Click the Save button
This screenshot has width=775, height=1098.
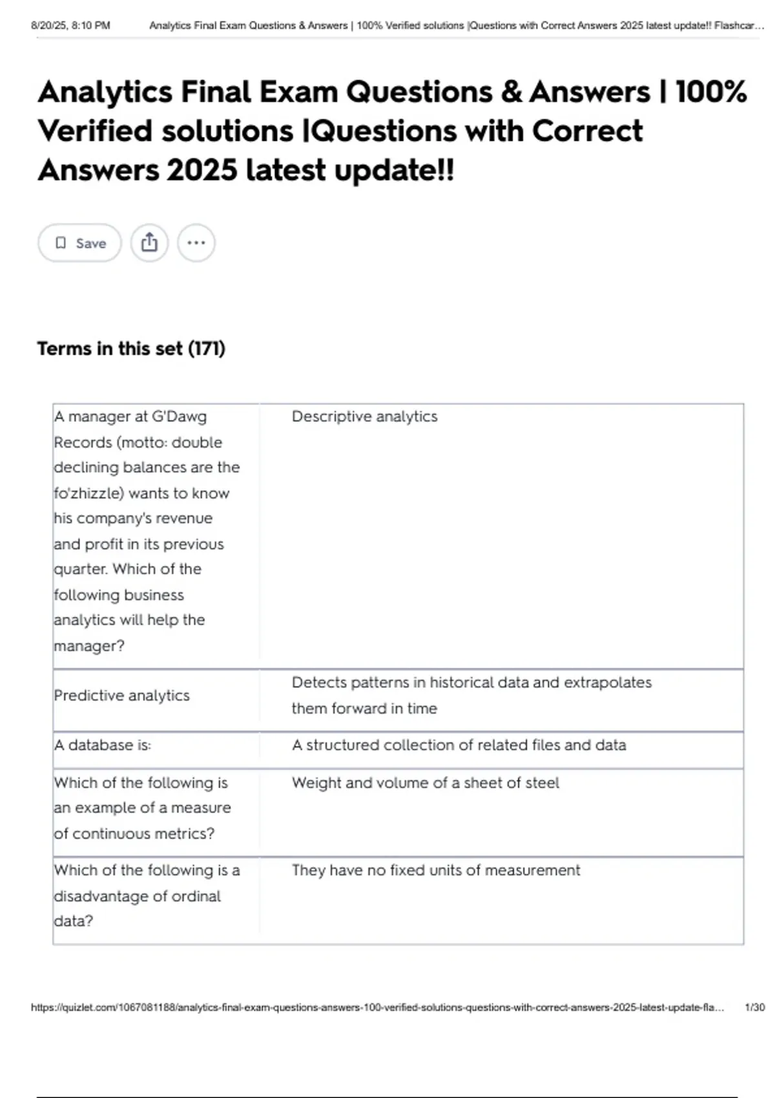(79, 243)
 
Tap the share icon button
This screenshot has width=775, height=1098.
(149, 243)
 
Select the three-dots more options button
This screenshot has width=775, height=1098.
(196, 243)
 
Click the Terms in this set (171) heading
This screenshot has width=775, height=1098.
(131, 349)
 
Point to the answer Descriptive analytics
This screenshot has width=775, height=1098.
(364, 417)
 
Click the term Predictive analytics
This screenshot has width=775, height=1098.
(121, 696)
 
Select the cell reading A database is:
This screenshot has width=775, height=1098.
(102, 745)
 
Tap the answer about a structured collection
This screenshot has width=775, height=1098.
(459, 745)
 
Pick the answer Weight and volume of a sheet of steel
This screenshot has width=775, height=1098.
(425, 783)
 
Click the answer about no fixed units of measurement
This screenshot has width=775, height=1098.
(435, 871)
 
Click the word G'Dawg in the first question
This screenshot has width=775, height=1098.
(179, 417)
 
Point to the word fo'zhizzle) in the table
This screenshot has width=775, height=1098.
(88, 493)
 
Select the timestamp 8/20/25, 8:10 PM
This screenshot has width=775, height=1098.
(70, 26)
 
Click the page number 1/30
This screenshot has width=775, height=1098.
(754, 1008)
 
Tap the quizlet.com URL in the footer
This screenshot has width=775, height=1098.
(377, 1008)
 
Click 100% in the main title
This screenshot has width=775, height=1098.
(711, 92)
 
